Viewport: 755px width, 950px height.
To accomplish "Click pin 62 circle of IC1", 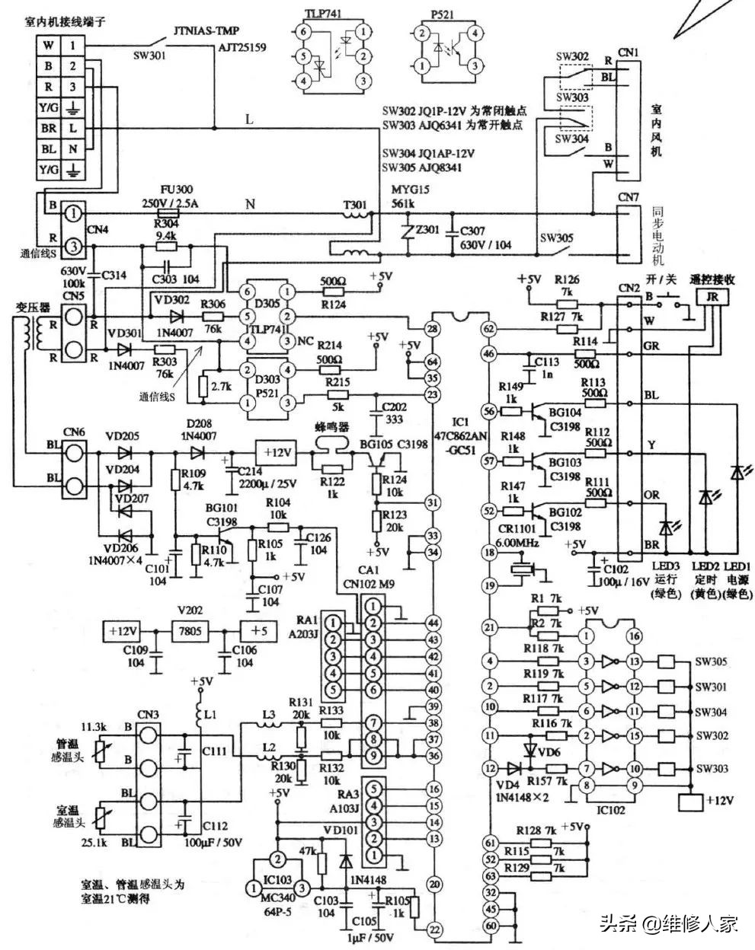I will [x=489, y=329].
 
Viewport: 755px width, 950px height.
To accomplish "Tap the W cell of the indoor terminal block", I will [x=47, y=45].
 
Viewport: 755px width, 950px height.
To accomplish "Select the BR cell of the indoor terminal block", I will [x=47, y=129].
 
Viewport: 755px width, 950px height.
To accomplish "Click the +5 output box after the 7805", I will [x=259, y=631].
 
